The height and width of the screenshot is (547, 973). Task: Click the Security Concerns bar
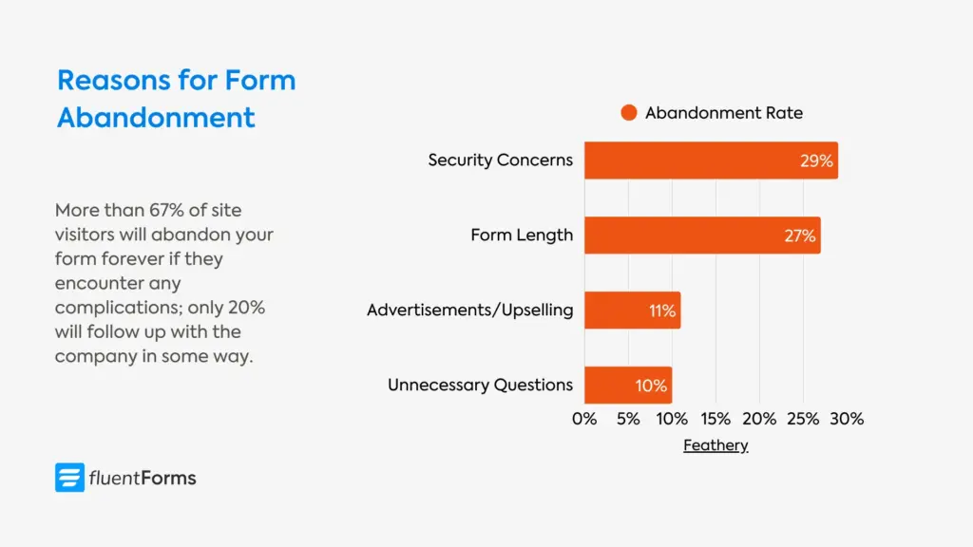(711, 160)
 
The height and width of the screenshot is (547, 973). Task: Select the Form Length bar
(702, 236)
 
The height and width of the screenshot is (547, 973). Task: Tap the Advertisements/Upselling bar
(632, 311)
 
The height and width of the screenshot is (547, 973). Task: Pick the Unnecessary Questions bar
(628, 386)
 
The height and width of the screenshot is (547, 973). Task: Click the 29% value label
(816, 161)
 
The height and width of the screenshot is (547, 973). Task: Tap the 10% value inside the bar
(652, 387)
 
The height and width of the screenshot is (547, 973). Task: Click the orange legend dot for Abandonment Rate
(628, 113)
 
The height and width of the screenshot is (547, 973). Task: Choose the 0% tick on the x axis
(584, 419)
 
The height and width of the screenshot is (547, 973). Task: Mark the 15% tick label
(715, 419)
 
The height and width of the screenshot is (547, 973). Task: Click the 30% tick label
(847, 419)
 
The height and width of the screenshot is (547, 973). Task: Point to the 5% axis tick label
(628, 419)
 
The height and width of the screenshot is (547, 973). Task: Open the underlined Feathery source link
(715, 445)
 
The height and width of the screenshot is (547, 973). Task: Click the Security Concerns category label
(500, 160)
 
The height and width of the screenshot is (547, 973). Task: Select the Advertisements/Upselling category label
(469, 311)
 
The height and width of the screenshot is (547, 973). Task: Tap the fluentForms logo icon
(69, 478)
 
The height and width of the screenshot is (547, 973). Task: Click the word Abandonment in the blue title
(156, 118)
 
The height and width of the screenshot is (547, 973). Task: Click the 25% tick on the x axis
(803, 419)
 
